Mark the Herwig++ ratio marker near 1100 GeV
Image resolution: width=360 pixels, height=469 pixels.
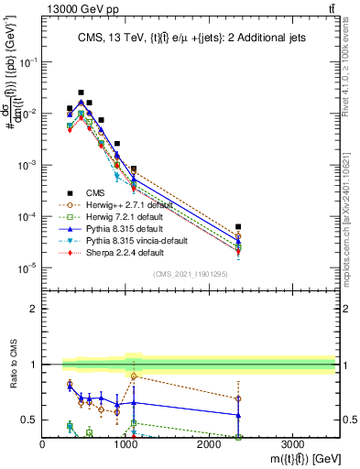134,376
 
